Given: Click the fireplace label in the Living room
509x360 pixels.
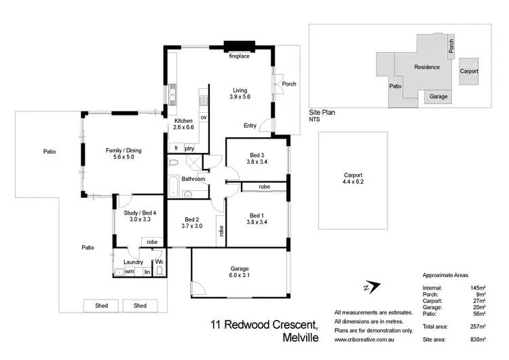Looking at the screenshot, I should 239,56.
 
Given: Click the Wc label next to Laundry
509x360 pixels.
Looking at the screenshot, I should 159,262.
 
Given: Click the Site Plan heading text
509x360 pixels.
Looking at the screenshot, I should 322,113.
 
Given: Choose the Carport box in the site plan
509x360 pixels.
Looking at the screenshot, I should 469,71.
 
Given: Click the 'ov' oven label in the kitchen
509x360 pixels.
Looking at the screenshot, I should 203,117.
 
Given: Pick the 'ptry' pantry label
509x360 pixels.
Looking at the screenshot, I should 189,148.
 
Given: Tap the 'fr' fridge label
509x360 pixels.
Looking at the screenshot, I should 175,148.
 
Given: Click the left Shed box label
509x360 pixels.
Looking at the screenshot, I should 101,306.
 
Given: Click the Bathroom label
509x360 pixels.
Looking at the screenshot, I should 193,179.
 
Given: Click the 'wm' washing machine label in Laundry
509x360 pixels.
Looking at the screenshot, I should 129,272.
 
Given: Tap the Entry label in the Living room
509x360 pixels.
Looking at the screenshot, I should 250,126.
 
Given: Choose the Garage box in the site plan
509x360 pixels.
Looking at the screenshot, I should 438,97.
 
